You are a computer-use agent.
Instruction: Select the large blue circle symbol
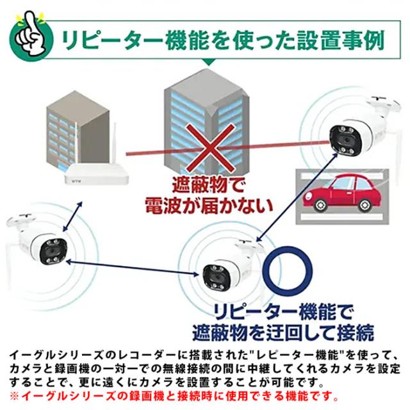(x=288, y=272)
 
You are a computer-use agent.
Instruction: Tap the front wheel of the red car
(x=319, y=204)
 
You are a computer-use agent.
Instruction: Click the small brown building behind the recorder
(x=78, y=130)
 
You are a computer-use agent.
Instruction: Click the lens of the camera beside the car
(x=345, y=140)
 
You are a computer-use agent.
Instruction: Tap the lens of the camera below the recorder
(x=53, y=250)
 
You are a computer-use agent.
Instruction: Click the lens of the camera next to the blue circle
(x=217, y=277)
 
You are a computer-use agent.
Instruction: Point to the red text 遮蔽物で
(x=208, y=185)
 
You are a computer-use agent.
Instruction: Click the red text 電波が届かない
(x=209, y=205)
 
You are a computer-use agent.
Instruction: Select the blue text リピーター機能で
(x=283, y=311)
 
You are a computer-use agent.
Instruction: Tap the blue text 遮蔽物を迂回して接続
(x=283, y=332)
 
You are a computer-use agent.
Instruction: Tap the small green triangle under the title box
(x=209, y=62)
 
